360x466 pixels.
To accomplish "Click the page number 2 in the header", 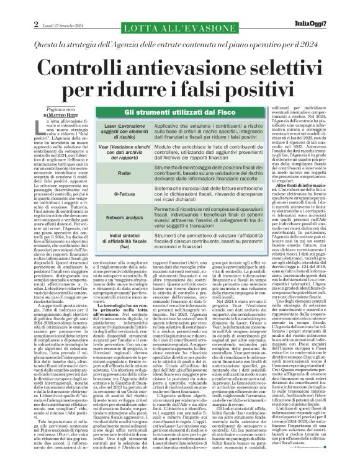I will (9, 7).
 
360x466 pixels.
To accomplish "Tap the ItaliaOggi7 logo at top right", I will (331, 7).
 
